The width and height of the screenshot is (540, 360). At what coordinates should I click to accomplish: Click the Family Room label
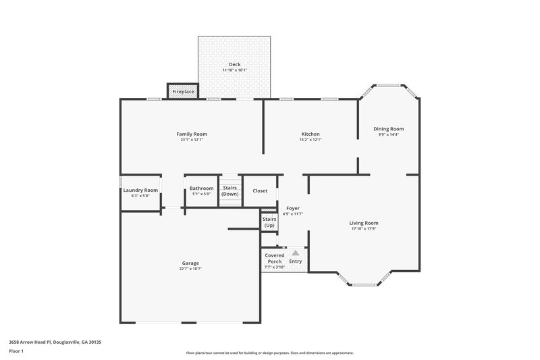click(192, 134)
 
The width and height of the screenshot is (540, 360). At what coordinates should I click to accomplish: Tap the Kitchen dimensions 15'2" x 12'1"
click(310, 140)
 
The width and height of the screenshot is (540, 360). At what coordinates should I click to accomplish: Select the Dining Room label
click(389, 128)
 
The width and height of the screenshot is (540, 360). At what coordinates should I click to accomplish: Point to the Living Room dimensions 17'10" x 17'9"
click(363, 229)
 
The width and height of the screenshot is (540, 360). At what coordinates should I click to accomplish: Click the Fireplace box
click(183, 91)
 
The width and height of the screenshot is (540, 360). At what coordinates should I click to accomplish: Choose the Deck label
click(234, 64)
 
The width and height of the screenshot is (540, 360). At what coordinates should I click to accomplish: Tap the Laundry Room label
click(140, 190)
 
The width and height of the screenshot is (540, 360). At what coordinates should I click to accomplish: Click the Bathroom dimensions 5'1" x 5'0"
click(201, 195)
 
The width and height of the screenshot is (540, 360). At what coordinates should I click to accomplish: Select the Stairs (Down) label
click(230, 191)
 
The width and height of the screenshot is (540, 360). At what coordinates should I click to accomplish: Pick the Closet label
click(260, 191)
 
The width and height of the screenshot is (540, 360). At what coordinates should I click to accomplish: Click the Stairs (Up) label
click(269, 222)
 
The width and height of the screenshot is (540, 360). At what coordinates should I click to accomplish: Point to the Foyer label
click(293, 208)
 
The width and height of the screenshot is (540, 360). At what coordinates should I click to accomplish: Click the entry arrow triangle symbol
click(295, 253)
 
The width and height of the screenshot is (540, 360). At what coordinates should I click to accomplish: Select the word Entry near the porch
click(296, 261)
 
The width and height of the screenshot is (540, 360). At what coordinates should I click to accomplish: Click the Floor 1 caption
click(17, 352)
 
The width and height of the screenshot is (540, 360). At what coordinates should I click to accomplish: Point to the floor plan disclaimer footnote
click(269, 353)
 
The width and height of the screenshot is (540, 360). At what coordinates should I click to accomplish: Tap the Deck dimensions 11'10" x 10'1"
click(234, 70)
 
